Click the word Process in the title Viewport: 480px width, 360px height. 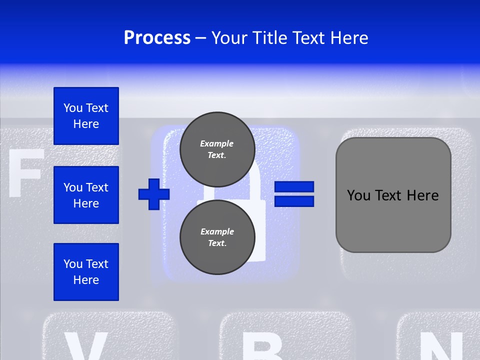pos(157,38)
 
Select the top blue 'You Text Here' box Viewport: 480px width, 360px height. pos(86,116)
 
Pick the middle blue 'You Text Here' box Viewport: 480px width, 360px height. pos(86,195)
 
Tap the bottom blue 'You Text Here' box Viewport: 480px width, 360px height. pos(86,272)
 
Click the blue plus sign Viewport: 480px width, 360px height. pos(154,194)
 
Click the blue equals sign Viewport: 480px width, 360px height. pos(294,194)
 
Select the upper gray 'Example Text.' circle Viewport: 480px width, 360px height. pos(217,149)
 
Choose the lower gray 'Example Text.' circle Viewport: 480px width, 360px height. pos(217,237)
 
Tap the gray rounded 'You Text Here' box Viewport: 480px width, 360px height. pos(393,195)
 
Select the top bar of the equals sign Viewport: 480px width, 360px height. pos(294,187)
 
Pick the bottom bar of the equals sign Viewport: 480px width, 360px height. pos(294,201)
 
